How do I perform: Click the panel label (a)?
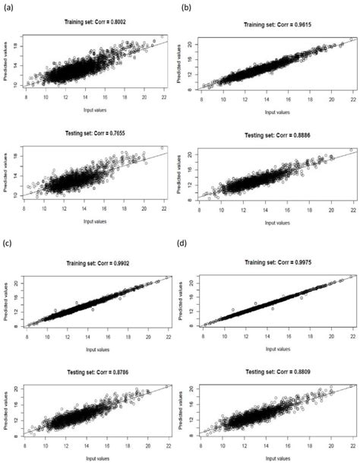(10, 8)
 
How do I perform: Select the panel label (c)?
(10, 244)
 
